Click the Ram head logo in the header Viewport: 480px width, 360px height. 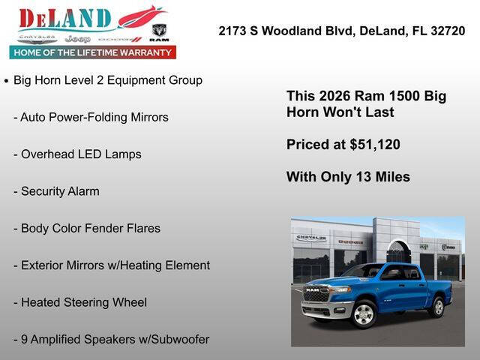click(159, 32)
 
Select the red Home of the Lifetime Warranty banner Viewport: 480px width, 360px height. click(93, 52)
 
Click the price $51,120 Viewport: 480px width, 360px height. click(375, 145)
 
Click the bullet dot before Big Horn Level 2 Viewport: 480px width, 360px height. click(7, 80)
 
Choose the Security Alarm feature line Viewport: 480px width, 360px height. click(56, 191)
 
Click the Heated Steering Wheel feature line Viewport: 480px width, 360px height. click(80, 302)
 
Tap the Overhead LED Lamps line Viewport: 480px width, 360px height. click(77, 154)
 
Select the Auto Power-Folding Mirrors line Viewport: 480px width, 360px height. click(91, 117)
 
